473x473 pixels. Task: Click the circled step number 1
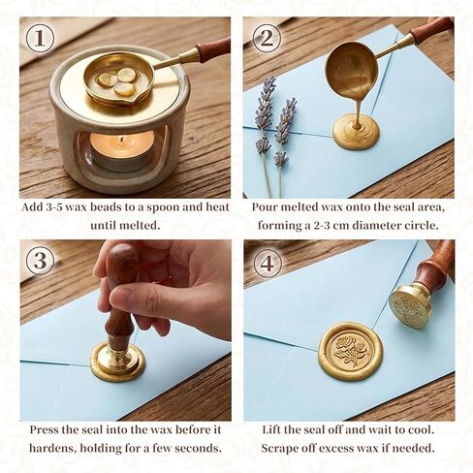click(x=40, y=39)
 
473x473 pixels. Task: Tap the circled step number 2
click(x=267, y=39)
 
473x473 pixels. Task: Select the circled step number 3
click(x=40, y=261)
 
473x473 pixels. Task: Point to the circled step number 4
click(x=267, y=264)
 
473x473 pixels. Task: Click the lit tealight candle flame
click(x=122, y=141)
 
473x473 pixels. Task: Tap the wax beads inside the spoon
click(x=117, y=81)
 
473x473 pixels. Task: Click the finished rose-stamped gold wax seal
click(x=351, y=351)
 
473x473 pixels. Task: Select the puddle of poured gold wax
click(x=356, y=131)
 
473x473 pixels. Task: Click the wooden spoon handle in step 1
click(x=212, y=48)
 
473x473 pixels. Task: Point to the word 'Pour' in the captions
click(x=264, y=206)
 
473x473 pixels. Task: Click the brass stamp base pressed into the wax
click(x=118, y=363)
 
